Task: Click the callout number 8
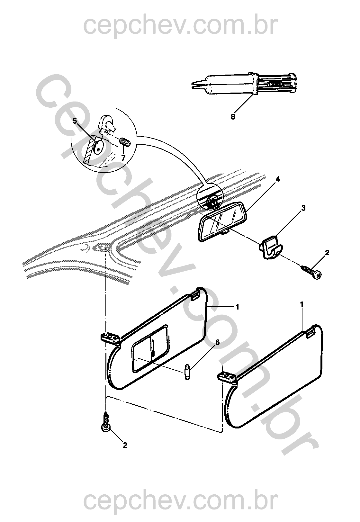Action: (232, 116)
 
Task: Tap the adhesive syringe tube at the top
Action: (244, 84)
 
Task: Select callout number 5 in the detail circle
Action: (75, 122)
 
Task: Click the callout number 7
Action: (123, 158)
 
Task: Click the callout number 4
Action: (277, 179)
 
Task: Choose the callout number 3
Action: (303, 208)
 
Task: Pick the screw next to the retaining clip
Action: (311, 272)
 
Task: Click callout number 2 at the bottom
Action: (125, 445)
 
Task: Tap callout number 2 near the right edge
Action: (327, 253)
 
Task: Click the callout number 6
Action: (217, 342)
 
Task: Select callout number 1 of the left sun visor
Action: (238, 307)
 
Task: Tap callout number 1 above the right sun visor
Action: (302, 304)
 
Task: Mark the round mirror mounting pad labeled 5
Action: (99, 147)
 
